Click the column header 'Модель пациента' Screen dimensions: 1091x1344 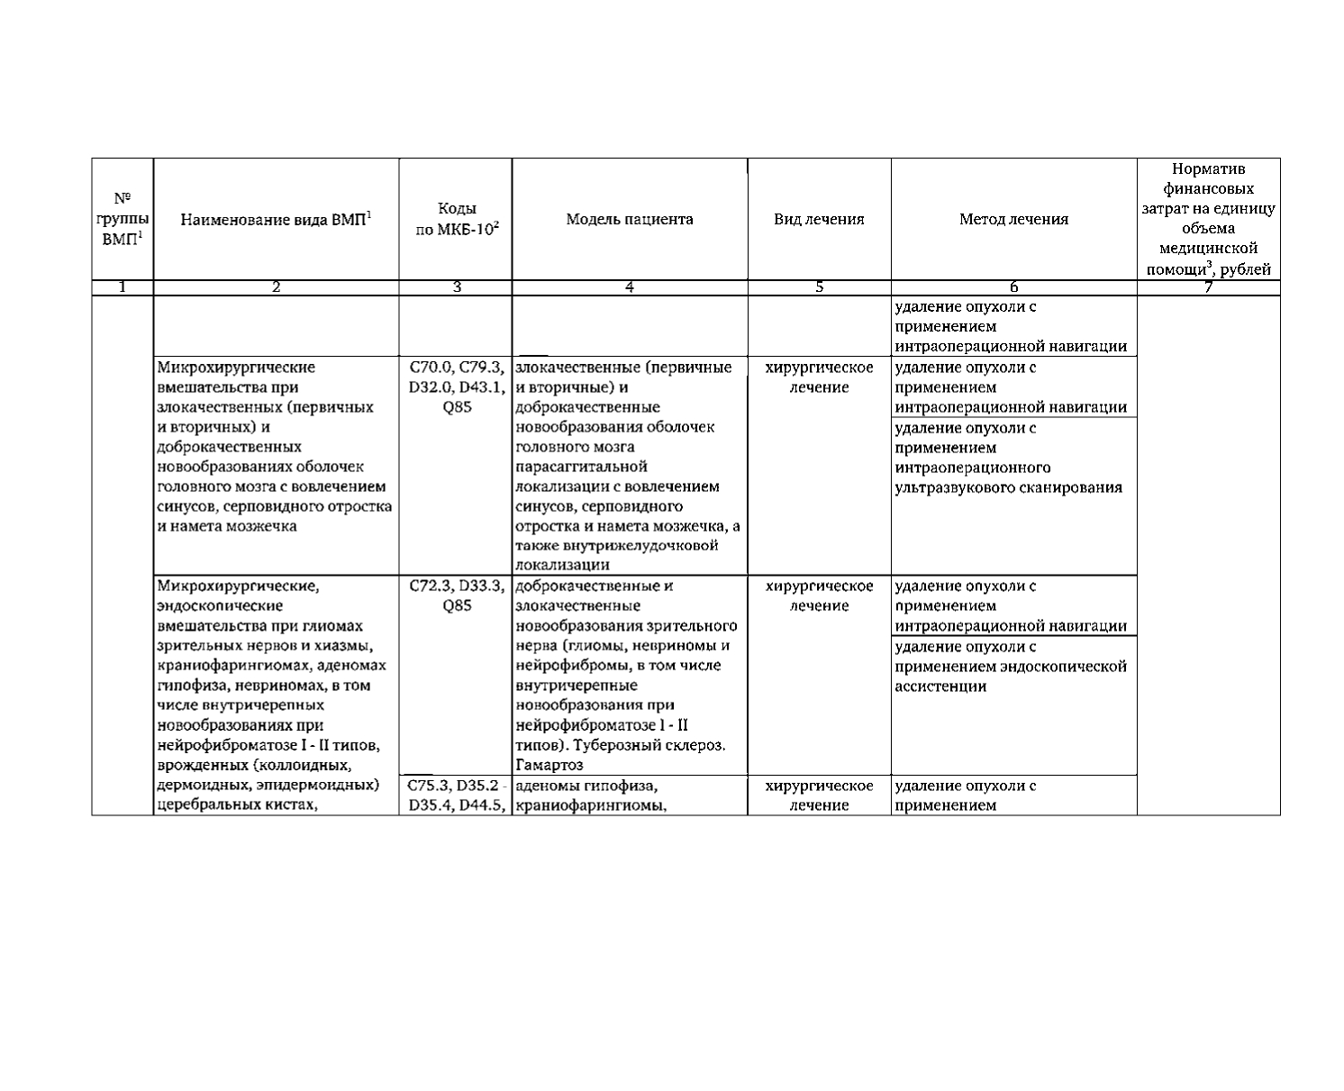coord(629,219)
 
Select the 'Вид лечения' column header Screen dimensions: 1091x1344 coord(819,219)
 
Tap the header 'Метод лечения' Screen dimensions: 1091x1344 coord(1013,219)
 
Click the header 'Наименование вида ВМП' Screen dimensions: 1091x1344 coord(276,219)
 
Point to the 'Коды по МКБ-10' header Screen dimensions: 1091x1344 coord(456,219)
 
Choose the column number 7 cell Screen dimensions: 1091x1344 coord(1208,287)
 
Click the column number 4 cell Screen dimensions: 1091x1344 coord(629,287)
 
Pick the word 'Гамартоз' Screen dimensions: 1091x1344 coord(549,766)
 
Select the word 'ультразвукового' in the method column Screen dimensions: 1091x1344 coord(952,487)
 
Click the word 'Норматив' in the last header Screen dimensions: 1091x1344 coord(1208,169)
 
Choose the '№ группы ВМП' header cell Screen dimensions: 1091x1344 coord(123,219)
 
